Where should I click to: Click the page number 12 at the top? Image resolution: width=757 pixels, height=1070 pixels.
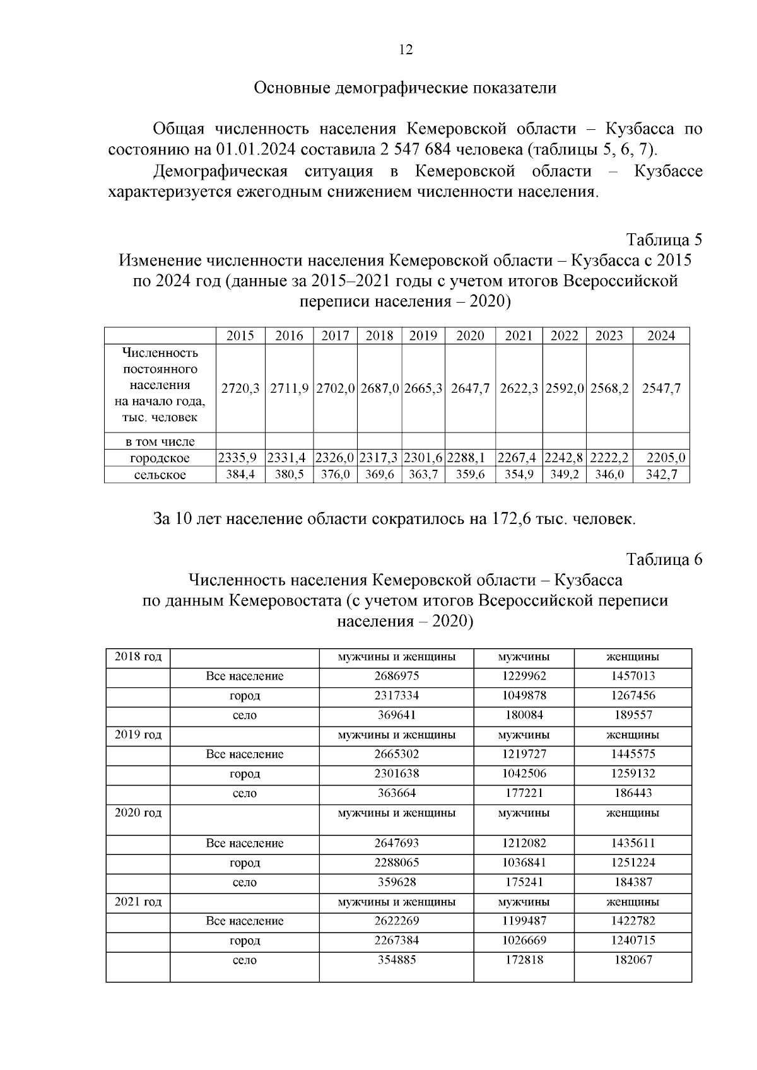pos(406,50)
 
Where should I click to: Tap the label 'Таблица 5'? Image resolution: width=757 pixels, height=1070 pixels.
pos(664,240)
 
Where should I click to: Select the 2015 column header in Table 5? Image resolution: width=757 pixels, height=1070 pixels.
pos(240,336)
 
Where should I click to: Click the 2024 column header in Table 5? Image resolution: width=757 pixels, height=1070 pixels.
pos(661,336)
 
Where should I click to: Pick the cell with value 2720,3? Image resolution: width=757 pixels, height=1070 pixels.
pos(240,389)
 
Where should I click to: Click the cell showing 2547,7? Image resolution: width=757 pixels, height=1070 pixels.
pos(661,389)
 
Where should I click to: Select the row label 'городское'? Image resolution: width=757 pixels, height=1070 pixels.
pos(160,458)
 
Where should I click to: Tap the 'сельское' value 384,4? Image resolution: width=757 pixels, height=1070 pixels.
pos(240,474)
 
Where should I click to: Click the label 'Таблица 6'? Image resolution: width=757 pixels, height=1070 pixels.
pos(664,560)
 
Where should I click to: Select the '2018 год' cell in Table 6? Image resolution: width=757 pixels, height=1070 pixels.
pos(138,657)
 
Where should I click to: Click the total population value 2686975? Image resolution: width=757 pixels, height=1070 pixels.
pos(396,676)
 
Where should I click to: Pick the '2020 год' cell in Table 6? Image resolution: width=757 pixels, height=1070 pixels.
pos(138,813)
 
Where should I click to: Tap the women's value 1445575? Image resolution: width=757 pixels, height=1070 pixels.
pos(633,754)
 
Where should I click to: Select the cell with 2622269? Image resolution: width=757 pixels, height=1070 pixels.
pos(396,921)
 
